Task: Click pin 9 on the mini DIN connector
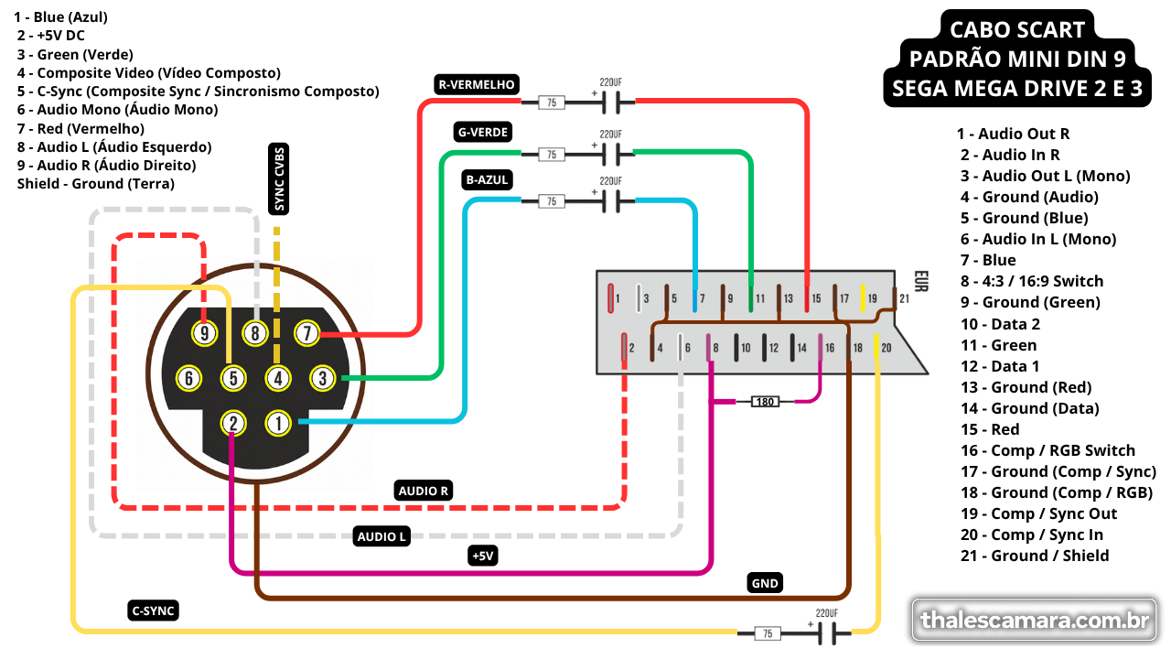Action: [204, 333]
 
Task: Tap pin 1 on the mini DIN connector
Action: [278, 423]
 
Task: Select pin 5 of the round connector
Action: [233, 378]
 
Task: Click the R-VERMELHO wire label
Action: [477, 84]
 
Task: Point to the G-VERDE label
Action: [482, 132]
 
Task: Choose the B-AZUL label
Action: [487, 179]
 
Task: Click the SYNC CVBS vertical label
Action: [279, 178]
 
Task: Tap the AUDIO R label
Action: [423, 491]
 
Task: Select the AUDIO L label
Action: [381, 536]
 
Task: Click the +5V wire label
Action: [482, 556]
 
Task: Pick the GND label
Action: [765, 583]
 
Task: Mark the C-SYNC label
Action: [153, 610]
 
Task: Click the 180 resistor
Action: [765, 402]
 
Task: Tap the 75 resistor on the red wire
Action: [552, 103]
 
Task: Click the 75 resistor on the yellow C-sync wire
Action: [768, 633]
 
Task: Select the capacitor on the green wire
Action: [610, 154]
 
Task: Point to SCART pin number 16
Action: [830, 348]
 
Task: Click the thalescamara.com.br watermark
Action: [1034, 621]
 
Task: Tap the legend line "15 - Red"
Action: [990, 429]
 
